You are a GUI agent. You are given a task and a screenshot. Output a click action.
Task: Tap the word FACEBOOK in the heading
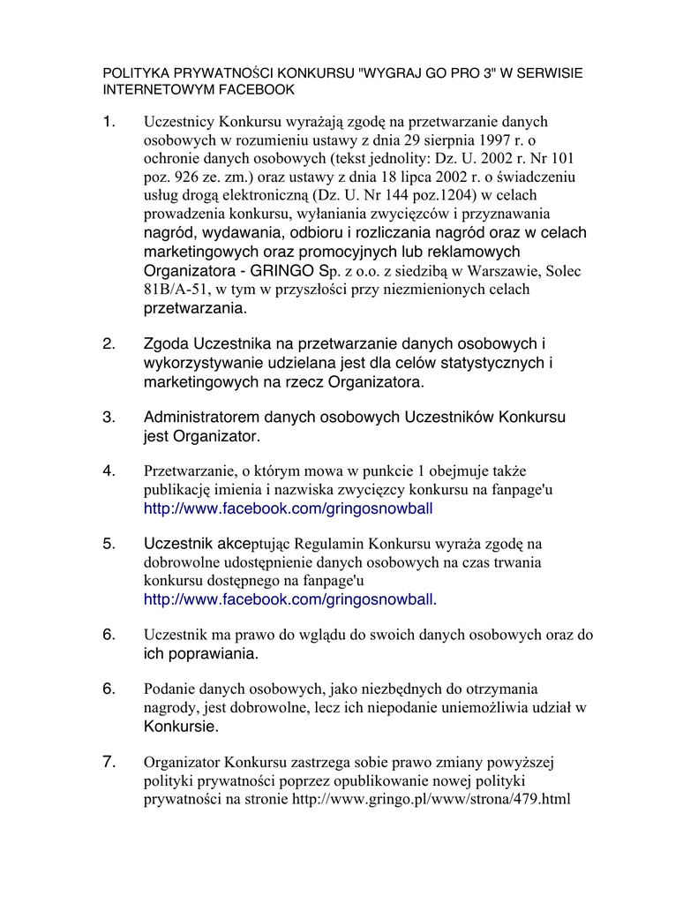pos(255,89)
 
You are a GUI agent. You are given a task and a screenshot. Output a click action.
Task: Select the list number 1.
pos(109,122)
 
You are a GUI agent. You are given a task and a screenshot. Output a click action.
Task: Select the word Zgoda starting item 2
pos(166,343)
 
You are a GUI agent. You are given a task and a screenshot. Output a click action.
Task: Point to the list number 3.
pos(109,417)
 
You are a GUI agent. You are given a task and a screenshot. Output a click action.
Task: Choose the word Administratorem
pos(201,417)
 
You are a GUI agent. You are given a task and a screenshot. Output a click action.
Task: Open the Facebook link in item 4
pos(288,508)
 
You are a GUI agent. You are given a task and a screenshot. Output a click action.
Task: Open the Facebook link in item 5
pos(288,600)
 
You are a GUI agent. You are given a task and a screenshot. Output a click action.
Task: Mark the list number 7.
pos(109,761)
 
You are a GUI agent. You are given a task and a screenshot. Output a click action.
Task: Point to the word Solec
pos(562,270)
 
